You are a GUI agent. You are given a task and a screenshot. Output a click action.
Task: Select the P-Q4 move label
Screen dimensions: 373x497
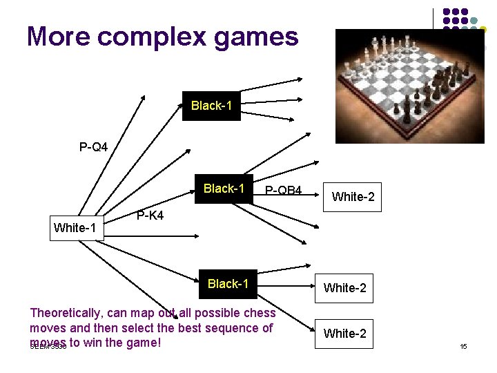tap(93, 147)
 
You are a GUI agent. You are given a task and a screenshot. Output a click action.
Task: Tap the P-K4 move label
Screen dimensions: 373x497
tap(150, 216)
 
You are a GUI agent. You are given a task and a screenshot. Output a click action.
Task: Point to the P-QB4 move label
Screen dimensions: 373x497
tap(283, 190)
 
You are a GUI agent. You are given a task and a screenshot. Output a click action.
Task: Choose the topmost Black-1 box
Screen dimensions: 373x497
tap(211, 106)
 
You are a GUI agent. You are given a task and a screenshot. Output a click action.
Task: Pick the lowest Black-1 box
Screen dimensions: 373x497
tap(228, 284)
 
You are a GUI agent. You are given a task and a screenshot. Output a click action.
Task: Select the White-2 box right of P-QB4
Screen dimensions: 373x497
tap(353, 197)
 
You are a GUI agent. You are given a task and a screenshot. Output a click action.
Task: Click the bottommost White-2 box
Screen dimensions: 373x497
tap(345, 334)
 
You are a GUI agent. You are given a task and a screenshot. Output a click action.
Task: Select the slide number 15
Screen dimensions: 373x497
tap(464, 346)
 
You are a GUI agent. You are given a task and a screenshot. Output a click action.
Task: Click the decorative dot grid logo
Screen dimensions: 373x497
tap(462, 28)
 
